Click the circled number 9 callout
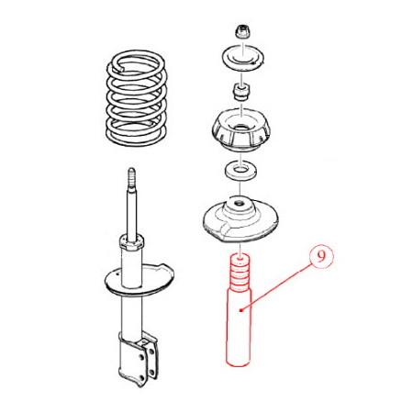point(320,257)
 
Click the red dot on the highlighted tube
point(241,310)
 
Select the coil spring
point(137,98)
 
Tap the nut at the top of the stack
point(241,32)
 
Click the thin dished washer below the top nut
point(242,58)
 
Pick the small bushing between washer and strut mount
point(241,91)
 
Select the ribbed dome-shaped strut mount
point(241,130)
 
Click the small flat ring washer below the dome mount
point(240,170)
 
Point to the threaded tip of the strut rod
point(131,178)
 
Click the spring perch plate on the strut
point(140,280)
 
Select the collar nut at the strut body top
point(131,242)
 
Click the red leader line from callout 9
point(276,289)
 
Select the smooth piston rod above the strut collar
point(131,213)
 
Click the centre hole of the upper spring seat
point(240,204)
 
